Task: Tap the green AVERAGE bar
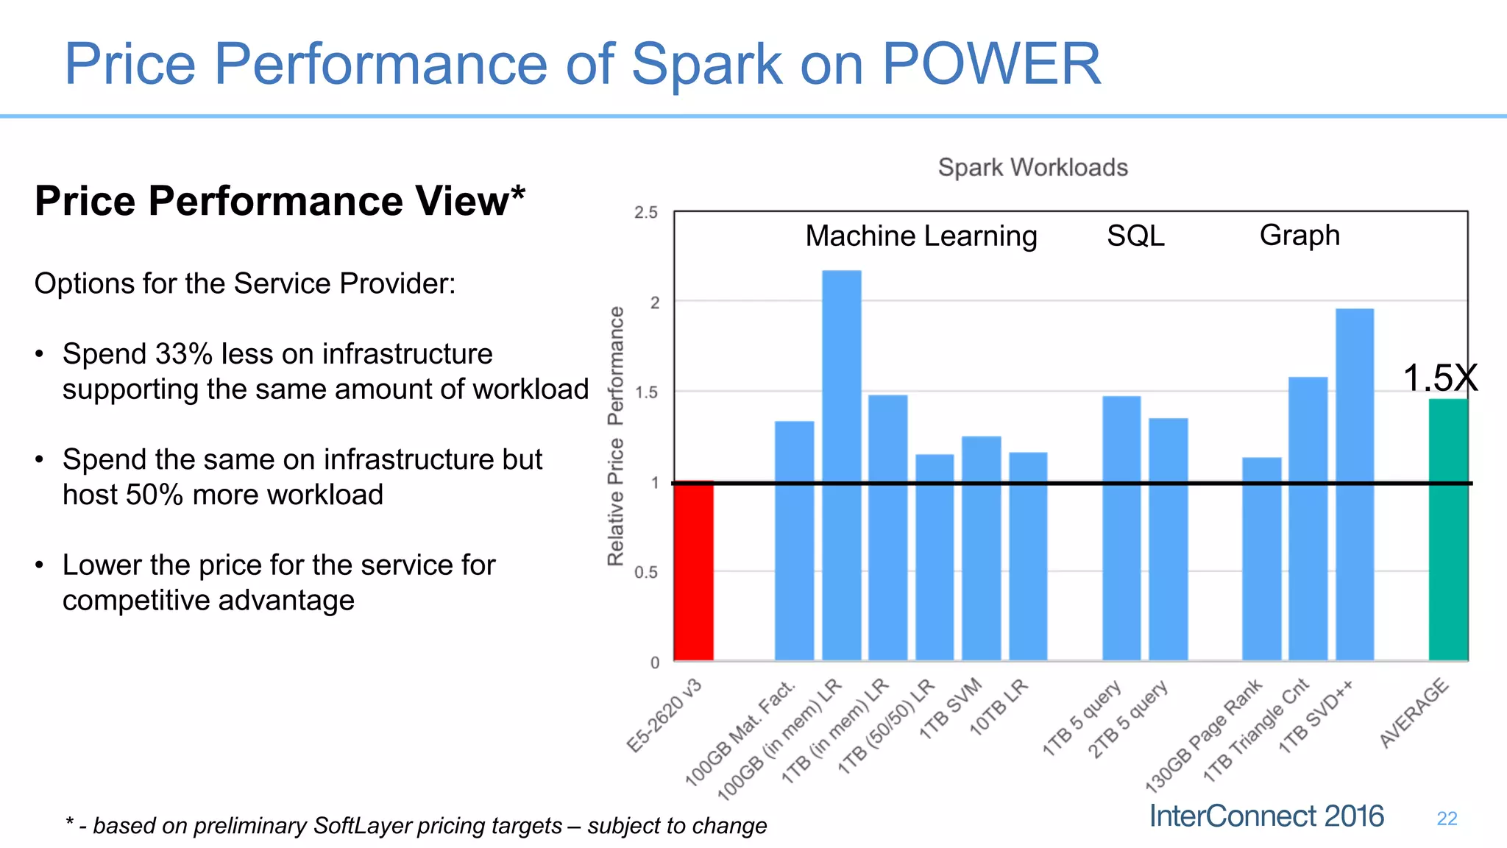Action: point(1447,530)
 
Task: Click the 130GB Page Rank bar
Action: point(1261,559)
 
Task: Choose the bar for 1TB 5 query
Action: point(1121,528)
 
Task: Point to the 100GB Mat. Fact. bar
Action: point(794,540)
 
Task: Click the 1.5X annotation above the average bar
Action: point(1439,378)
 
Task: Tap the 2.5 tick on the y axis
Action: point(646,213)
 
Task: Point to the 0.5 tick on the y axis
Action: point(646,573)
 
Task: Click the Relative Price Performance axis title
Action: point(616,436)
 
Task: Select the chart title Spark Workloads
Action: point(1032,168)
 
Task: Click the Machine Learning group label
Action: point(921,236)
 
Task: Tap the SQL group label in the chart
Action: point(1135,236)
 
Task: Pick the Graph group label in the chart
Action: point(1299,236)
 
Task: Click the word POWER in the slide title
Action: point(990,64)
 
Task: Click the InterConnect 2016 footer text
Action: point(1266,816)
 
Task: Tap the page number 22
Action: point(1447,819)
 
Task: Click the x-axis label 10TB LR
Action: point(999,708)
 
